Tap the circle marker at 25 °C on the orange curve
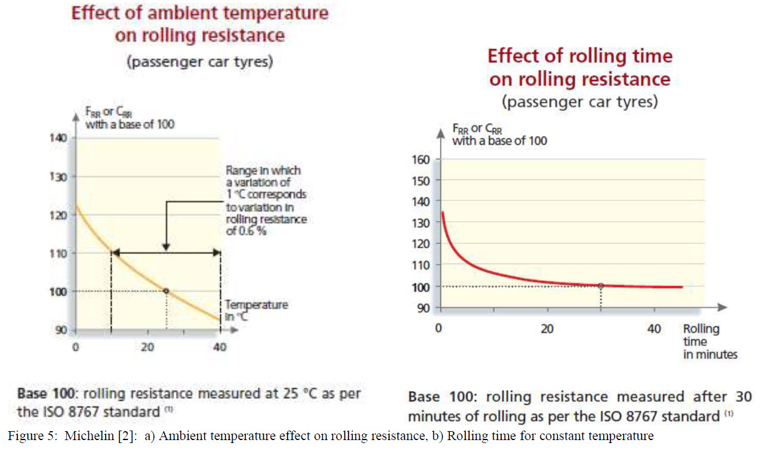(166, 291)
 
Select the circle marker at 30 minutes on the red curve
(601, 286)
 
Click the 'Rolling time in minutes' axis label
(710, 342)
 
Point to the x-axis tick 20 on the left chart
(147, 347)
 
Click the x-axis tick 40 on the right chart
(654, 329)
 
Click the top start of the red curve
(442, 212)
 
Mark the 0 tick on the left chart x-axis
(75, 347)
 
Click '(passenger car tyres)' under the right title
(579, 102)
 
